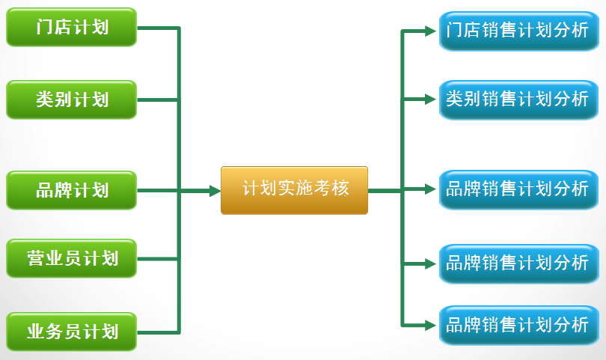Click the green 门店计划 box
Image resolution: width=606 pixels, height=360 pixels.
(x=72, y=28)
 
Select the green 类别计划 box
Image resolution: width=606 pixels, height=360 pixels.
(x=72, y=100)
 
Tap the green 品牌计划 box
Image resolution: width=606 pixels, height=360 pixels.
(x=72, y=190)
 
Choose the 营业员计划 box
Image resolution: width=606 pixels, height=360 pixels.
(x=72, y=259)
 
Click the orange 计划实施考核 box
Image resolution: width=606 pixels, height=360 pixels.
(x=295, y=190)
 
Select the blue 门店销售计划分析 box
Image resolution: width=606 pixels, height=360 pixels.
(x=517, y=31)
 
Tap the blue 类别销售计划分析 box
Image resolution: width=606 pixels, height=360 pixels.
(x=517, y=99)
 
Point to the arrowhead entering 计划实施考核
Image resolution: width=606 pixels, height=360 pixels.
(x=215, y=191)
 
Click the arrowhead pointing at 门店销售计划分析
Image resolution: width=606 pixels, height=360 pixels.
(x=430, y=31)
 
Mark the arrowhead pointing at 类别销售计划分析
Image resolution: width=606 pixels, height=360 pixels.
(x=430, y=99)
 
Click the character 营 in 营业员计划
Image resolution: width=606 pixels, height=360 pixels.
(x=36, y=259)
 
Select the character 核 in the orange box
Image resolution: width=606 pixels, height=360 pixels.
(x=341, y=189)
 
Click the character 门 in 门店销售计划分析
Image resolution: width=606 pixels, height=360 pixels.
(x=453, y=31)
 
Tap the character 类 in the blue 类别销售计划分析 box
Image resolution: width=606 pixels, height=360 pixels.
(x=453, y=99)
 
